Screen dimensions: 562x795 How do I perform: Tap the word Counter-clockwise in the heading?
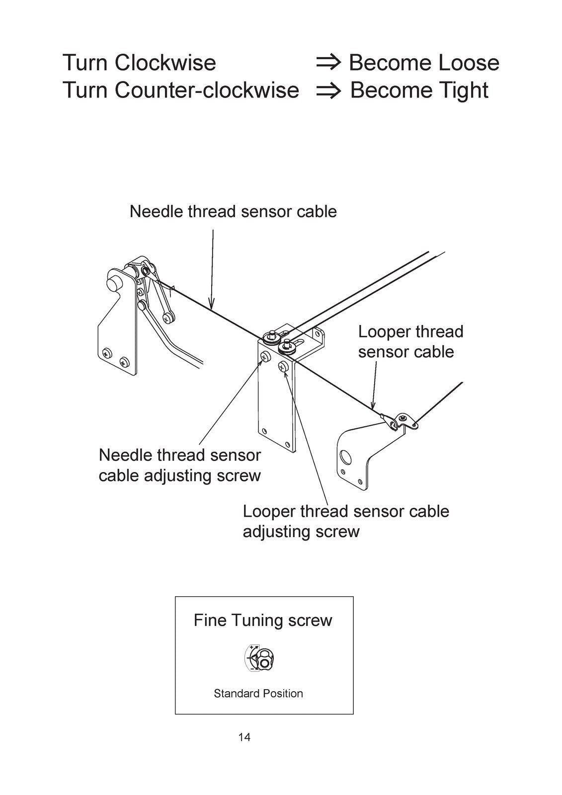tap(207, 90)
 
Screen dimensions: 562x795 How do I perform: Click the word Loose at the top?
tap(469, 63)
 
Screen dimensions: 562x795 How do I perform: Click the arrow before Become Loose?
tap(328, 63)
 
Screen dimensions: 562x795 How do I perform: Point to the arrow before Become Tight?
tap(328, 91)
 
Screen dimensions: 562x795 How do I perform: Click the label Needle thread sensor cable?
tap(233, 212)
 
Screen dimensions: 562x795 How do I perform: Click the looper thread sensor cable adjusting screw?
tap(283, 366)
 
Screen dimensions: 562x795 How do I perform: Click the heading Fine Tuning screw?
tap(263, 621)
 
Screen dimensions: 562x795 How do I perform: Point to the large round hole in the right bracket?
tap(345, 458)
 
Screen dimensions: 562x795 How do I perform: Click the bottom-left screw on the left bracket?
tap(107, 353)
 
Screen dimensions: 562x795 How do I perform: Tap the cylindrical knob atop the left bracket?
tap(114, 279)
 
